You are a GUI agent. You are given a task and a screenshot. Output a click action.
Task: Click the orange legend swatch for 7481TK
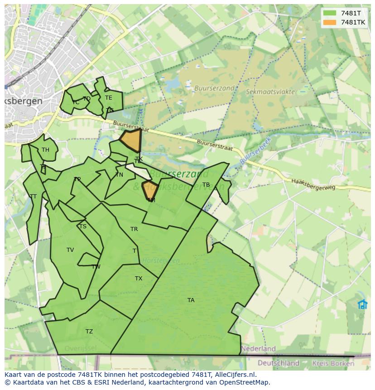(330, 22)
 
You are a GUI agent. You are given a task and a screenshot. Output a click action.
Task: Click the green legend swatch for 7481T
(330, 13)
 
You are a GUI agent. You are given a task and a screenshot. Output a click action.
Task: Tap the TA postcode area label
(191, 300)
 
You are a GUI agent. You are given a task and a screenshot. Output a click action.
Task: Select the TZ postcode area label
(89, 332)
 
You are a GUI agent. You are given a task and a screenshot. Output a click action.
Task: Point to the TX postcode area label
(139, 279)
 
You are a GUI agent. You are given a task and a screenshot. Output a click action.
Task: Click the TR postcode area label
(134, 229)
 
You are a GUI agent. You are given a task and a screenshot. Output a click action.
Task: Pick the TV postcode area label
(70, 250)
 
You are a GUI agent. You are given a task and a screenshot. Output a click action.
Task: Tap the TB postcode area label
(206, 185)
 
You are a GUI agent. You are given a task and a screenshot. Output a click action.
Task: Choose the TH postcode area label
(45, 150)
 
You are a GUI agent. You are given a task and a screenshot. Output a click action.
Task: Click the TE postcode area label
(109, 98)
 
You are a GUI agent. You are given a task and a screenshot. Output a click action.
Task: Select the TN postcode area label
(119, 175)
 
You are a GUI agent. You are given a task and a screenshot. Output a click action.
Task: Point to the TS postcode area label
(82, 226)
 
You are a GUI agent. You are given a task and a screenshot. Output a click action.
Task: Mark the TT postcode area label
(33, 197)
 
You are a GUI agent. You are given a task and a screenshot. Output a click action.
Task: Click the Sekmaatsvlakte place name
(270, 91)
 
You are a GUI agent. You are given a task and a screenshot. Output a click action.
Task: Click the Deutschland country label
(279, 363)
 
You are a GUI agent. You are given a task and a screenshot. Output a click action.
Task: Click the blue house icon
(363, 304)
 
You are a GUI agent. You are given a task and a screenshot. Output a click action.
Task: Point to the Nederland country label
(258, 349)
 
